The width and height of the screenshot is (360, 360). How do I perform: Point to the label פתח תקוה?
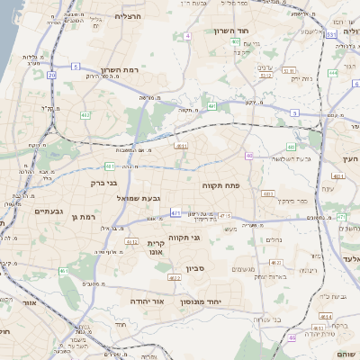coord(220,184)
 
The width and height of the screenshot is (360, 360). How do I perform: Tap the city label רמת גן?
coord(80,217)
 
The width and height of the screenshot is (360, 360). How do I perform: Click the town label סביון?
coord(196,268)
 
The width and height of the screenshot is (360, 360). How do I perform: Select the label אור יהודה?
coord(145,301)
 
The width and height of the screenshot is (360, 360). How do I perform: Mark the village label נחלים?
coord(274,238)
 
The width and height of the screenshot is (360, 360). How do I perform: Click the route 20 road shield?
coord(53,76)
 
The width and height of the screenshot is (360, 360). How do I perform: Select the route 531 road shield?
coord(331,34)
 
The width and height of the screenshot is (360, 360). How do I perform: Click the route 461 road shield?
coord(64,270)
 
